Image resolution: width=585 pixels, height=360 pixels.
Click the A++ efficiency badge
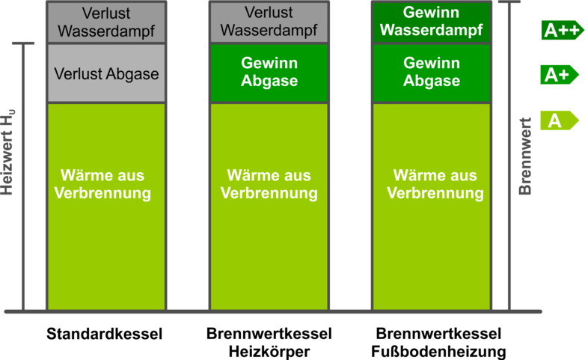click(563, 30)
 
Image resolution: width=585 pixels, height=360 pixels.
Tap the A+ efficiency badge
click(560, 75)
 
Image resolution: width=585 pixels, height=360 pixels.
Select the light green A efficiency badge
click(560, 120)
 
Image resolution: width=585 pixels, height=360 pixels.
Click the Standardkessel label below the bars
click(105, 334)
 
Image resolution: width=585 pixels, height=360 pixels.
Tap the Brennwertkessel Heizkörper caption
click(269, 343)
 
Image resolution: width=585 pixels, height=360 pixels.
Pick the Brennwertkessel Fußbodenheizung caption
click(438, 343)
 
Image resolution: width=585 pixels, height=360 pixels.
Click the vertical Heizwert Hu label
click(7, 153)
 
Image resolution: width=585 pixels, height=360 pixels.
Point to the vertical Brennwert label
click(525, 156)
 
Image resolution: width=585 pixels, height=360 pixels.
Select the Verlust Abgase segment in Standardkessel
click(106, 73)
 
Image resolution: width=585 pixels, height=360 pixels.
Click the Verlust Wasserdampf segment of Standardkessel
click(106, 22)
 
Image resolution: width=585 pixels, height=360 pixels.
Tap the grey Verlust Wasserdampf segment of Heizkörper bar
click(269, 22)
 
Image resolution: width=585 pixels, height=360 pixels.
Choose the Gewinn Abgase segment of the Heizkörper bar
click(269, 73)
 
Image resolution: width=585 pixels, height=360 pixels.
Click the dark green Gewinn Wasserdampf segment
click(432, 22)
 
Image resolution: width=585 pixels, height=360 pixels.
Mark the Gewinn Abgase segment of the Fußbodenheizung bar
click(432, 73)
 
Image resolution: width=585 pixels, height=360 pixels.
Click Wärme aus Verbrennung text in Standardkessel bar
click(102, 184)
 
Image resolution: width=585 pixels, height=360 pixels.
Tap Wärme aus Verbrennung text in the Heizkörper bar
click(269, 184)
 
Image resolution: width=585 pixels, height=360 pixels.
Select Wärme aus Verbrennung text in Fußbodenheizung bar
click(435, 184)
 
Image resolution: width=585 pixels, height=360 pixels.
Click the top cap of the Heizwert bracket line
click(23, 43)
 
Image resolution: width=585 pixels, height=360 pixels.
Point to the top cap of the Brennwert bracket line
click(509, 1)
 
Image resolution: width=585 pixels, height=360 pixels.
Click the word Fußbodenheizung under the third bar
click(438, 352)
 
